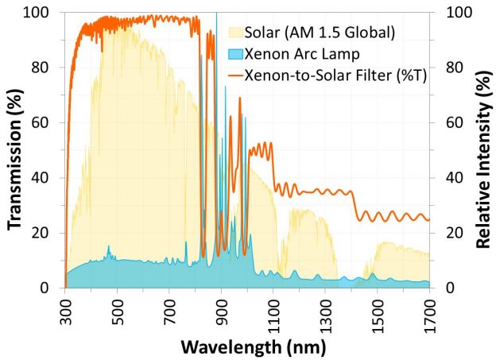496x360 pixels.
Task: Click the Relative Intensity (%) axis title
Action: pos(482,149)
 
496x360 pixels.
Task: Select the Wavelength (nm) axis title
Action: pos(247,347)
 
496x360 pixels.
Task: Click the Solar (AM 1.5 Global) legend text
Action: pos(328,32)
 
